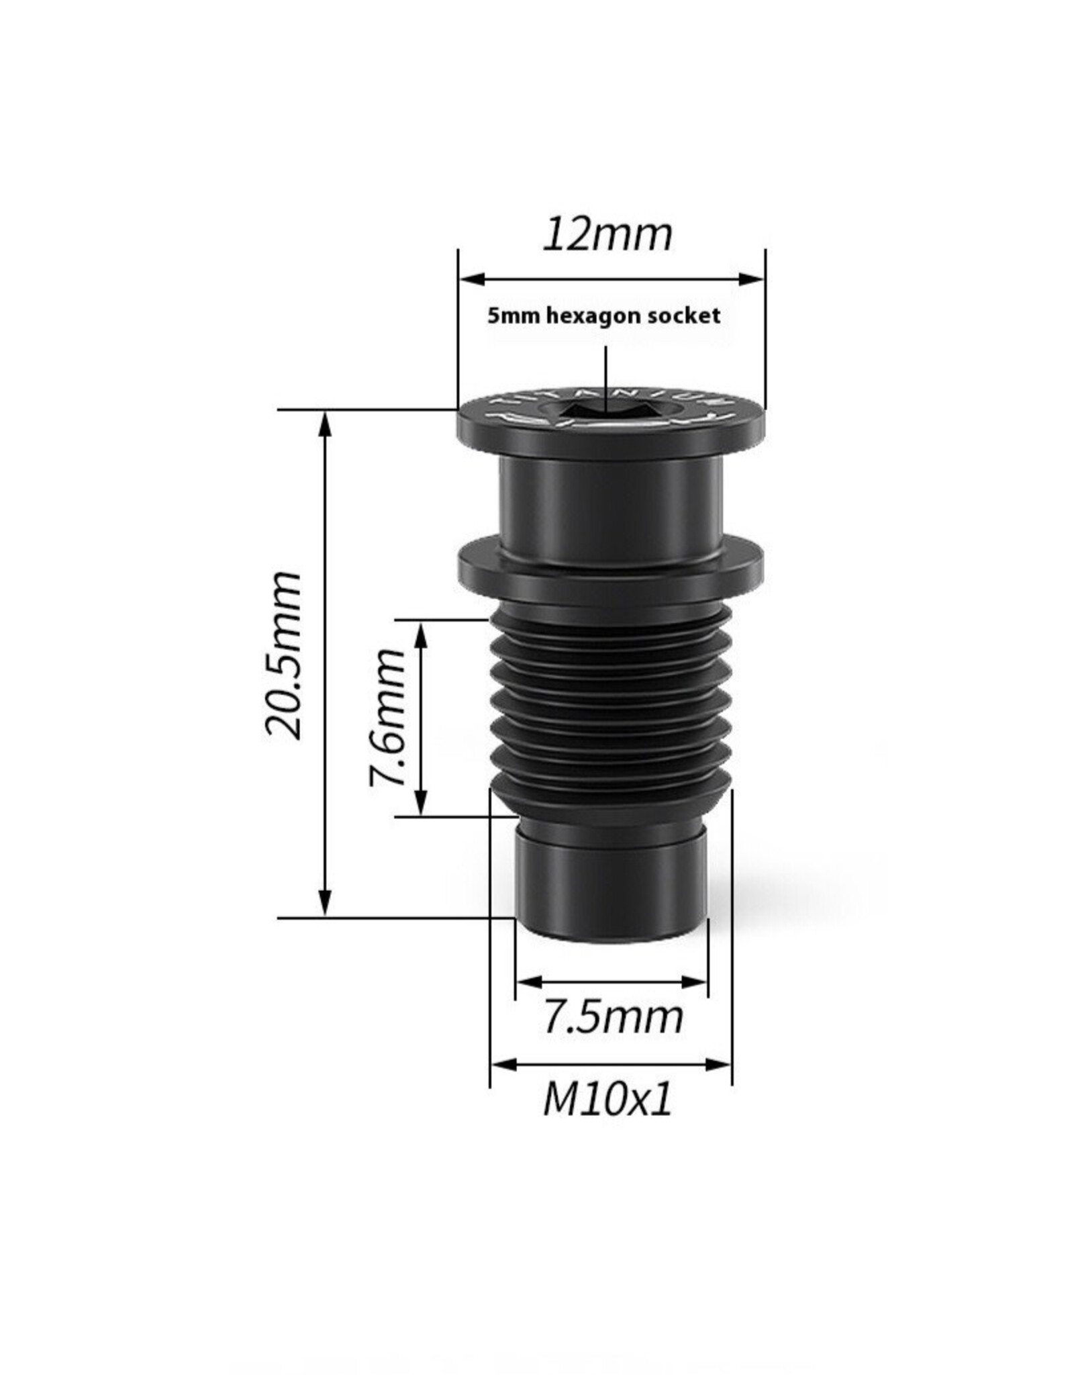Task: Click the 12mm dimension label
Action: pyautogui.click(x=607, y=234)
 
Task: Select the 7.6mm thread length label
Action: pyautogui.click(x=387, y=716)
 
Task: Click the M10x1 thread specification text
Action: pyautogui.click(x=607, y=1102)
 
